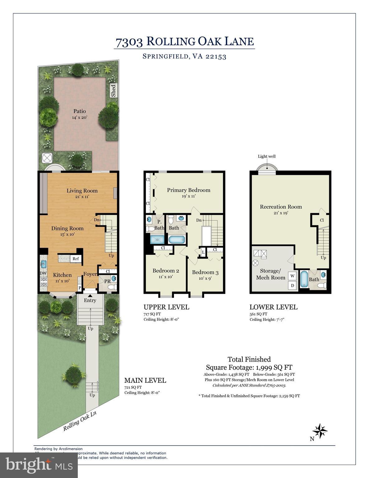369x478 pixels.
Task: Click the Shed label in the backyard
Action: [114, 91]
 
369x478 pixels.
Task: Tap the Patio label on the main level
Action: [80, 111]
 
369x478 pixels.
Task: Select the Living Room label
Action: [82, 191]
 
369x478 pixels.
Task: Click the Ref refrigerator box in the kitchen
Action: [76, 259]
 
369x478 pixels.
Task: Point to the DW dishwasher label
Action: [43, 273]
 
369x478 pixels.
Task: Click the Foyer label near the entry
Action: [90, 274]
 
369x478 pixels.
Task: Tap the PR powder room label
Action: [107, 281]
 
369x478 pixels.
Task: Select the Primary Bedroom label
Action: [189, 190]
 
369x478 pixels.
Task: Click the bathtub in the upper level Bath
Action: [177, 240]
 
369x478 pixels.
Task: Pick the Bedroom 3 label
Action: [205, 273]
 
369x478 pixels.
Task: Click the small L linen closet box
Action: [203, 252]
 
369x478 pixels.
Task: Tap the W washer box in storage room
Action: [292, 276]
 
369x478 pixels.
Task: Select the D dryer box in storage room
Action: [292, 285]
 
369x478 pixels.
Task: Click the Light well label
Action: [267, 157]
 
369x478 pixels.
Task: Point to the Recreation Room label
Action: [281, 207]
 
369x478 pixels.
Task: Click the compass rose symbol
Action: [320, 431]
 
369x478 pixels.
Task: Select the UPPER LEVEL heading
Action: [166, 307]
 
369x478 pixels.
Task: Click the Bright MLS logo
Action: [39, 465]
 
